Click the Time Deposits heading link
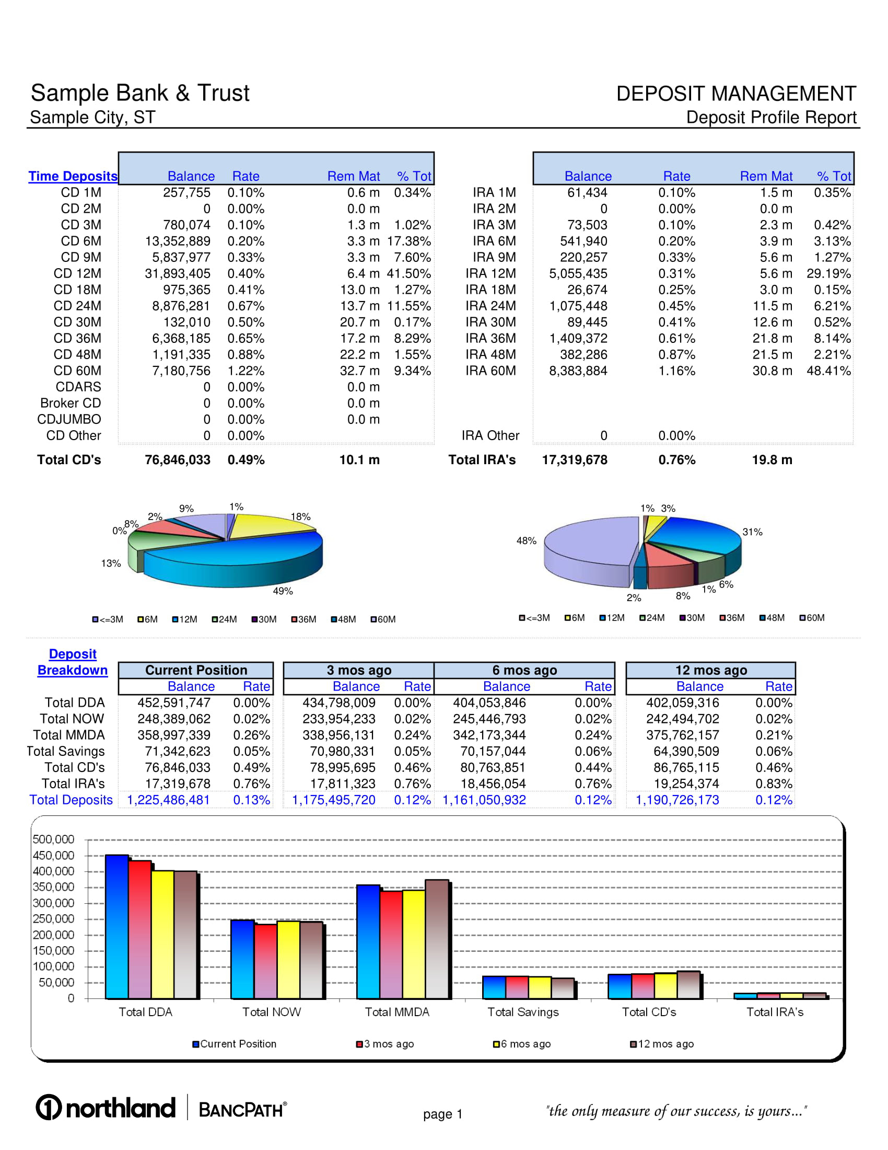(73, 176)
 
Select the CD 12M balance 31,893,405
(177, 274)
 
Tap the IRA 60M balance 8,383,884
(578, 371)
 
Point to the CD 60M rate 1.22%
(246, 371)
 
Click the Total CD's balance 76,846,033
(177, 460)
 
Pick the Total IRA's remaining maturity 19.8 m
(772, 460)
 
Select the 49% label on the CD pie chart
(283, 591)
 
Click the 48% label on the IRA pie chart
(526, 541)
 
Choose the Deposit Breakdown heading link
(73, 662)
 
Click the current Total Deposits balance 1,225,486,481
(168, 800)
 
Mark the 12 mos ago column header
(711, 670)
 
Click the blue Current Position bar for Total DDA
(117, 927)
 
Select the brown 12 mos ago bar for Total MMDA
(437, 940)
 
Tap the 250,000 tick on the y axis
(53, 919)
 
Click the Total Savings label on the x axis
(523, 1012)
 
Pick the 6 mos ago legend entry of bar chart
(522, 1044)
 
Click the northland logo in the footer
(105, 1108)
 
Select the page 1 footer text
(442, 1114)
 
